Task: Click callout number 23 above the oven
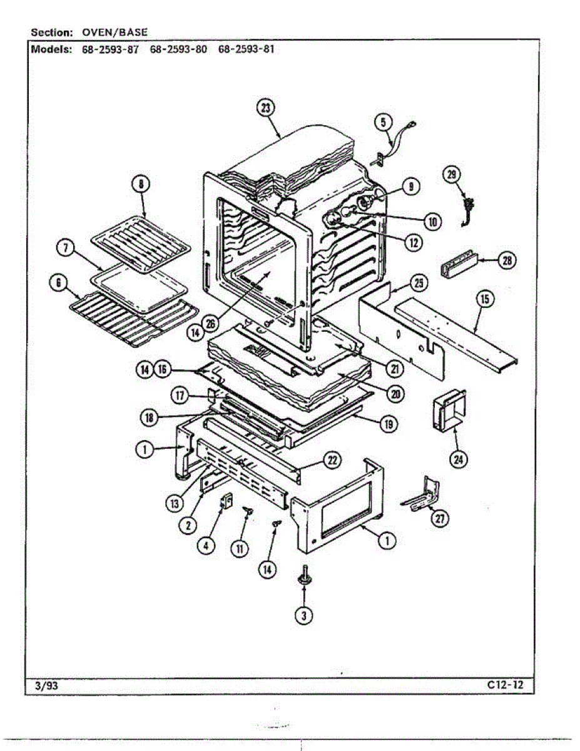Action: point(265,108)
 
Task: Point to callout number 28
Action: point(506,260)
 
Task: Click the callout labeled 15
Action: point(483,299)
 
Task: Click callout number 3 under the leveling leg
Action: point(304,615)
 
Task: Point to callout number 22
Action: point(331,461)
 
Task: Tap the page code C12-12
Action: point(506,685)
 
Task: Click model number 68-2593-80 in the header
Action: point(178,49)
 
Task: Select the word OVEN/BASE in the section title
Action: point(115,32)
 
